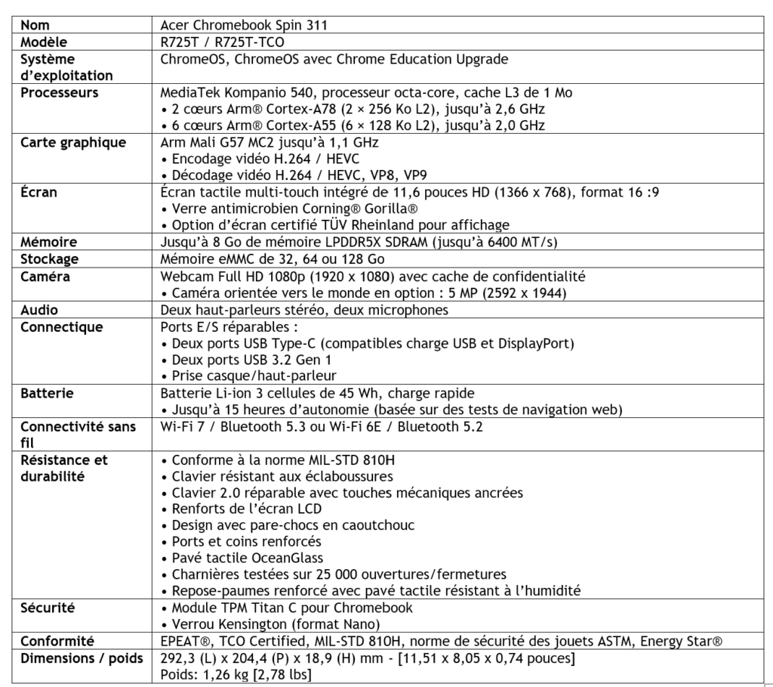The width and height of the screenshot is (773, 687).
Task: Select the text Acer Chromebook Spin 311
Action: (x=244, y=25)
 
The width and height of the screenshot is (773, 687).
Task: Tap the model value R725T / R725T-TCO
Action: (x=223, y=42)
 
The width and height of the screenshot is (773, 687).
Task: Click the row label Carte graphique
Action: (x=73, y=142)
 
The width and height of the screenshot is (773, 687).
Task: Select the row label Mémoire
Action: (x=50, y=242)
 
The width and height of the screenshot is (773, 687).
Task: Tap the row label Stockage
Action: (x=52, y=258)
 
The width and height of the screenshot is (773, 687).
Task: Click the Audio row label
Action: (x=39, y=310)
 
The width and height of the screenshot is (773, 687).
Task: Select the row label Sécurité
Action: (x=48, y=608)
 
